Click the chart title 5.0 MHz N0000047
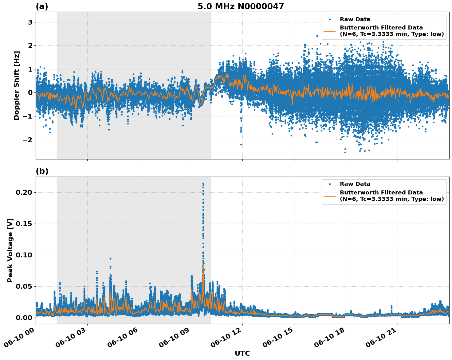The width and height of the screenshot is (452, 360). tap(241, 6)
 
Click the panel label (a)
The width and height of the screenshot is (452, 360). tap(42, 6)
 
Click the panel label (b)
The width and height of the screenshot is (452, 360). tap(42, 171)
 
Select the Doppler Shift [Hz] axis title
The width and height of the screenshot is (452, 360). tap(17, 85)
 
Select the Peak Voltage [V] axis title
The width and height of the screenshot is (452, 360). tap(10, 250)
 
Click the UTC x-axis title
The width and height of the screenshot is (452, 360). tap(242, 353)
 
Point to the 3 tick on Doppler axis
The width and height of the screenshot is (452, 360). tap(30, 22)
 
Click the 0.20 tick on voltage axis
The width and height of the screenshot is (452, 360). tap(24, 193)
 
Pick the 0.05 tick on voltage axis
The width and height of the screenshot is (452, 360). tap(24, 286)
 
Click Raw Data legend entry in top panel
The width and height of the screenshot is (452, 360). tap(355, 19)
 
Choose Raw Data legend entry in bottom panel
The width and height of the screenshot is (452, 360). tap(355, 184)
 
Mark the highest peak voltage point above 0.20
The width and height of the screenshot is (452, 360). tap(203, 184)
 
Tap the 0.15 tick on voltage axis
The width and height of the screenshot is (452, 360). tap(24, 224)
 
